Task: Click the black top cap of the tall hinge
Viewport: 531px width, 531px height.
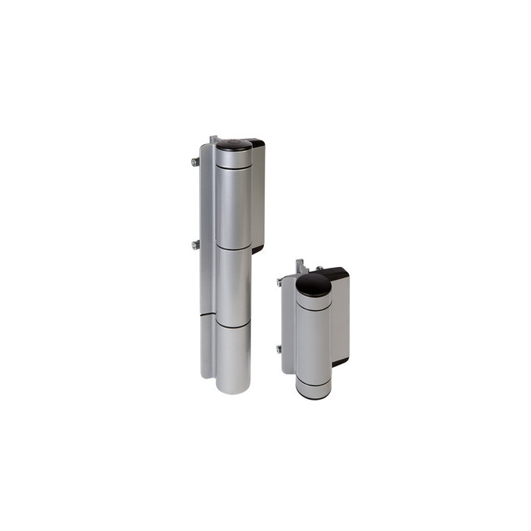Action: (233, 144)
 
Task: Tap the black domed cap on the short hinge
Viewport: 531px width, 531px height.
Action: (313, 285)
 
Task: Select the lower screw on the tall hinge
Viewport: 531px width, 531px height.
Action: (196, 244)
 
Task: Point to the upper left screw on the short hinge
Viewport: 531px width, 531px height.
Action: (280, 282)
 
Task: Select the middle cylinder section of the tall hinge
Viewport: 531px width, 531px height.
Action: (233, 284)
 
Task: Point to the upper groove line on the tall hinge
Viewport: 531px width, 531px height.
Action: (233, 247)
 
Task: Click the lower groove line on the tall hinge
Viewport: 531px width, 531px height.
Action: (233, 325)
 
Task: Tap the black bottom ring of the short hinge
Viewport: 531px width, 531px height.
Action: (313, 394)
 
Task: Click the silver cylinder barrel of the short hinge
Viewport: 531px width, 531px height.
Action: (313, 341)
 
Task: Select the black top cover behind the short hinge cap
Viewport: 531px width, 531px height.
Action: (336, 274)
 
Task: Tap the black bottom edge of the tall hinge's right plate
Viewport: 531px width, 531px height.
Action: (258, 249)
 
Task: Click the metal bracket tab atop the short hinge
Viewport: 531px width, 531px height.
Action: (301, 266)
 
